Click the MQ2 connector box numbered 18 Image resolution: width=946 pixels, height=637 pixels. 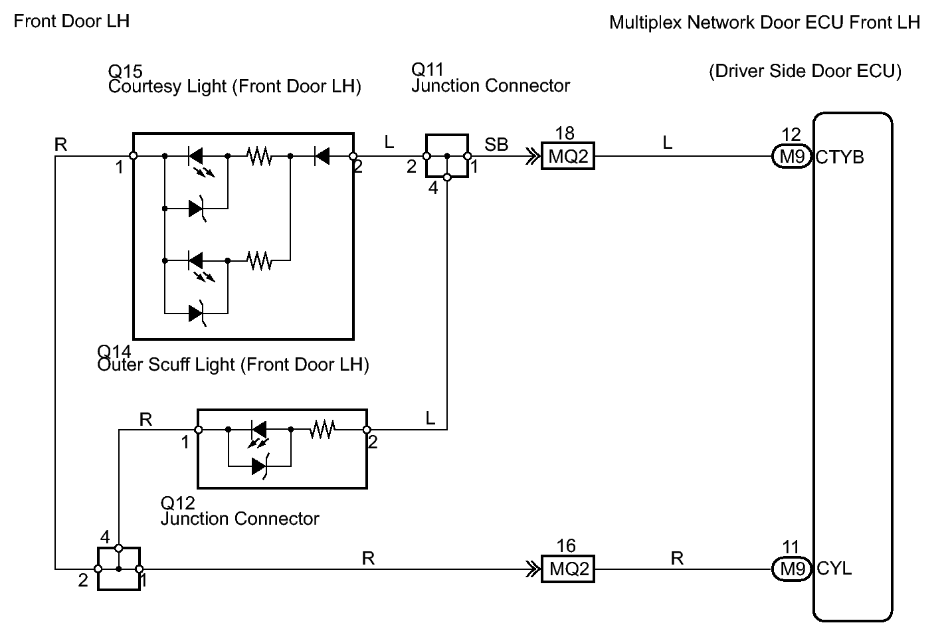[x=567, y=156]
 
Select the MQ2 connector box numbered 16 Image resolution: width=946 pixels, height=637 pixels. [x=567, y=569]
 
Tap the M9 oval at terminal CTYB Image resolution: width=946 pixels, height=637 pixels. [x=791, y=156]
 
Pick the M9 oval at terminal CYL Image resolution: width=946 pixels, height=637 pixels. [x=791, y=569]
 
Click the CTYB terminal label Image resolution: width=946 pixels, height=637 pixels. [x=840, y=157]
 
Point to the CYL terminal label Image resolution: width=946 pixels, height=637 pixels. [x=834, y=569]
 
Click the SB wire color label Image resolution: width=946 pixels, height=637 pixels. [x=496, y=144]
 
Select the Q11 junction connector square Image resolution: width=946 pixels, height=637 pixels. [x=447, y=156]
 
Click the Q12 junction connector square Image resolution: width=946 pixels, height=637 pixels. [x=119, y=569]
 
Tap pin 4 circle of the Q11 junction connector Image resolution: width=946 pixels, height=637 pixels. [x=447, y=178]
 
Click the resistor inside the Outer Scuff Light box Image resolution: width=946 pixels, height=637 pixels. [x=323, y=429]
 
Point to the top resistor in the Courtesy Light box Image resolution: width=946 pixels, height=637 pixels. [x=259, y=156]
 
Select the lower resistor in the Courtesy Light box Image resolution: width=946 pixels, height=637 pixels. [x=259, y=260]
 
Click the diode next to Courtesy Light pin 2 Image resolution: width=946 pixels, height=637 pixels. [x=322, y=156]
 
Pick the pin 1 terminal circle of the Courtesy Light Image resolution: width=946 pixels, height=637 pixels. [x=133, y=156]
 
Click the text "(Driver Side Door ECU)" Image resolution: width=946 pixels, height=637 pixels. [x=805, y=71]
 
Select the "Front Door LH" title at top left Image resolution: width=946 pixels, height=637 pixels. [x=71, y=21]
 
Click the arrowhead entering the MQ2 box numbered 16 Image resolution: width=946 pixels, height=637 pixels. [x=533, y=569]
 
